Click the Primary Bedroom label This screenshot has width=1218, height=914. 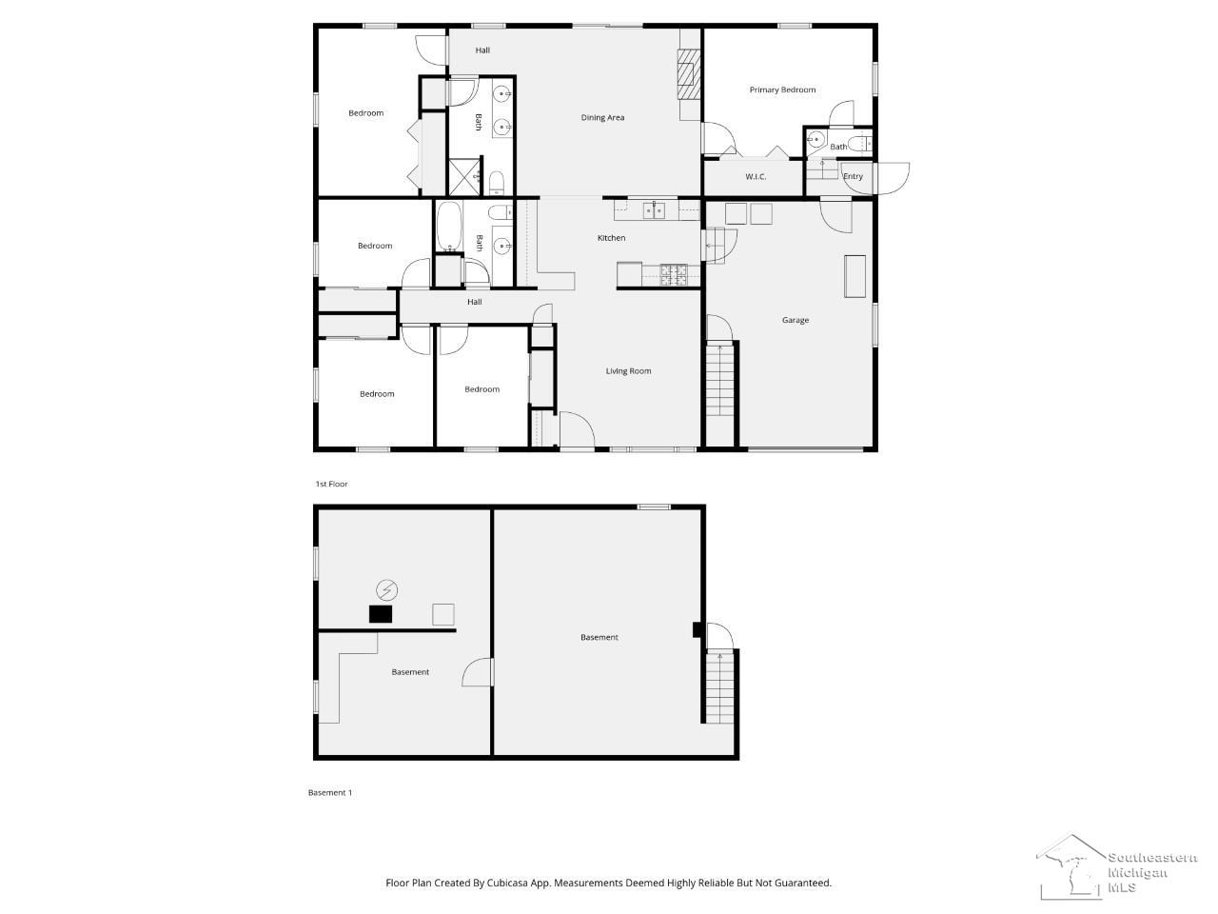pos(782,89)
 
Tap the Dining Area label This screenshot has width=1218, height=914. pos(602,118)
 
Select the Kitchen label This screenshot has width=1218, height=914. pos(611,238)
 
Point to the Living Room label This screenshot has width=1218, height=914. pos(628,371)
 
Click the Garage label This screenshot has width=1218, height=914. pos(796,320)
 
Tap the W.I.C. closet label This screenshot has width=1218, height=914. pos(756,177)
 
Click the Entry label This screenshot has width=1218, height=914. pos(853,176)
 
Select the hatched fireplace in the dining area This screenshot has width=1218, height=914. pos(689,74)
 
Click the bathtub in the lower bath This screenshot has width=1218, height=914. pos(449,227)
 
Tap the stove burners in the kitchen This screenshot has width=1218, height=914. pos(673,275)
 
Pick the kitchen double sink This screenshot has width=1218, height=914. pos(655,210)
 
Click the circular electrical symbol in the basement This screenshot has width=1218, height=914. pos(386,590)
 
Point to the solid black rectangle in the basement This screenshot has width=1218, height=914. pos(381,614)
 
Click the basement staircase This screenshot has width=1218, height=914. pos(719,687)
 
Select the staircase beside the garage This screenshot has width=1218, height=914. pos(719,380)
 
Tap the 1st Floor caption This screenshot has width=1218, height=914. pos(331,484)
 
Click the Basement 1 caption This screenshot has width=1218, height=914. pos(330,792)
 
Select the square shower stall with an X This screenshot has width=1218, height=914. pos(464,176)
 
